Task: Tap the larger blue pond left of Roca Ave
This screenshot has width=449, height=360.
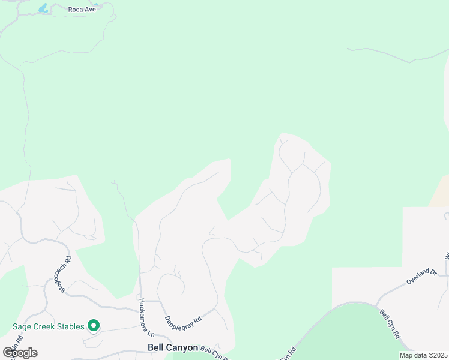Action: (x=43, y=8)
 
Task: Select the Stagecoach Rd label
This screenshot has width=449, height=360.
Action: (x=60, y=273)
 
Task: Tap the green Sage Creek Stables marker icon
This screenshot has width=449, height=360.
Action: (x=93, y=326)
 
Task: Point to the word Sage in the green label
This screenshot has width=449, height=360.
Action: (x=22, y=327)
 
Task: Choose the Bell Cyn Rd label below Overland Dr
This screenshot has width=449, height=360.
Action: (x=390, y=325)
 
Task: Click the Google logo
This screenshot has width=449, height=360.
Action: (x=20, y=353)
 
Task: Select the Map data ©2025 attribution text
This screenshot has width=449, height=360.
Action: (x=423, y=355)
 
